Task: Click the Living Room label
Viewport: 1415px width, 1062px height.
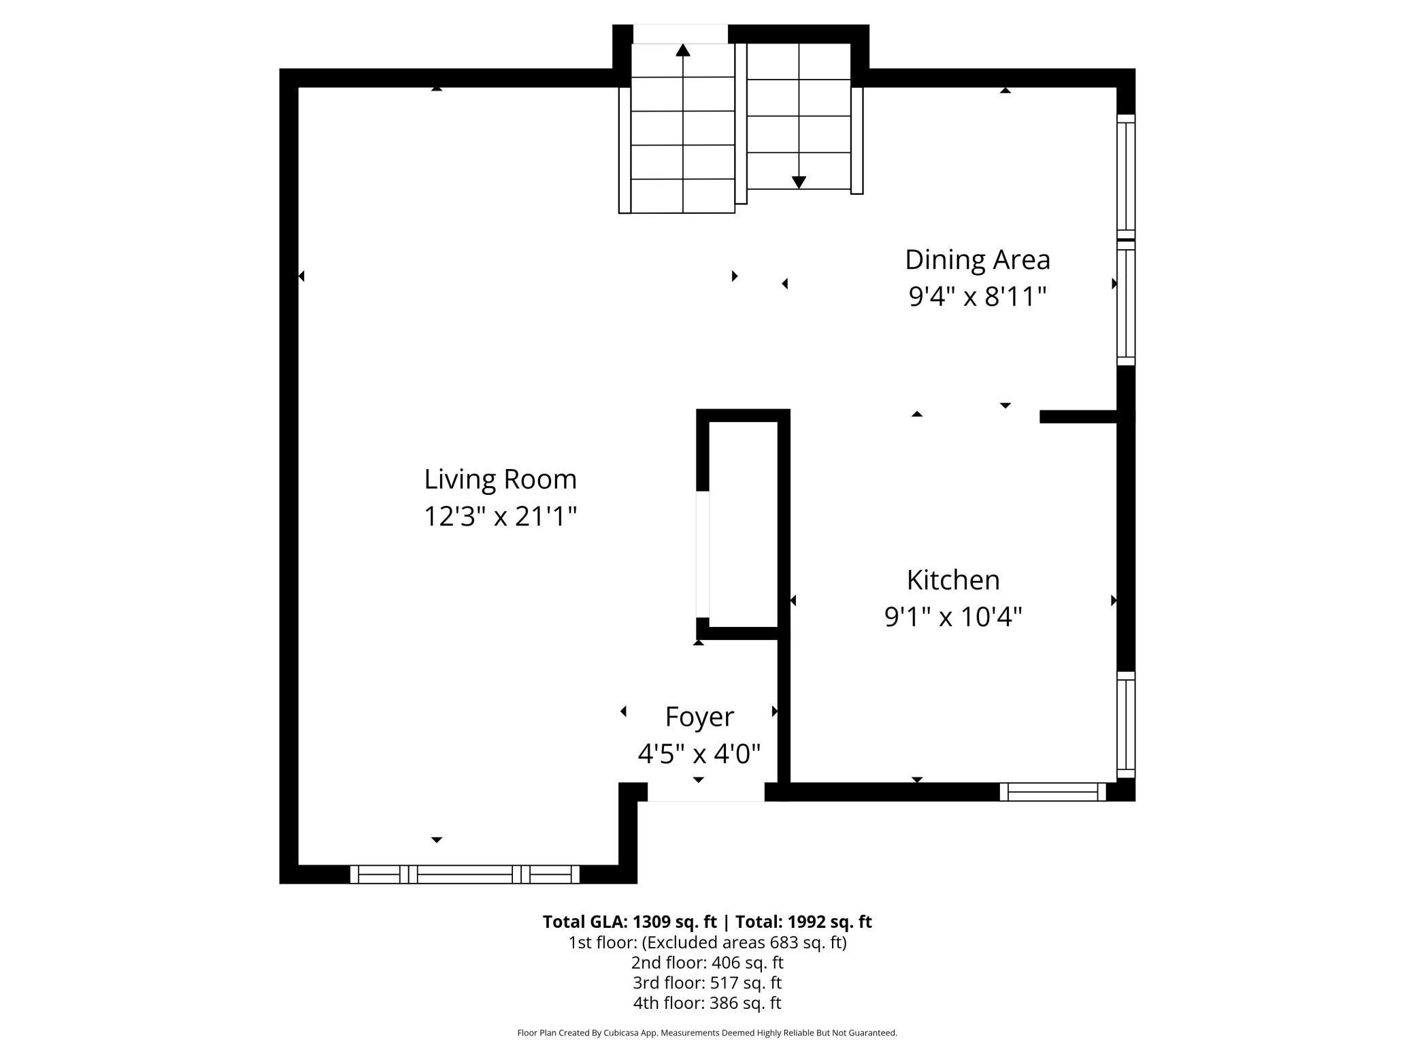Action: (x=500, y=479)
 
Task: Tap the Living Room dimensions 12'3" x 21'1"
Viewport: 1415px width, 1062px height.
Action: (x=500, y=516)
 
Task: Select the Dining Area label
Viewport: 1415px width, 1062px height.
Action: (x=977, y=259)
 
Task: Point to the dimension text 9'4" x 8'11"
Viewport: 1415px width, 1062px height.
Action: (x=977, y=297)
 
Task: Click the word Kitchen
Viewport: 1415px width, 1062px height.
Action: (x=953, y=580)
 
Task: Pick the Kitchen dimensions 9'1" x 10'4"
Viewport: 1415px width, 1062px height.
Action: (x=953, y=617)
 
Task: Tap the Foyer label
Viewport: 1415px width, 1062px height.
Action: (x=699, y=717)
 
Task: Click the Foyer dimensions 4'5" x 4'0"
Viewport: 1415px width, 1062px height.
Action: (x=699, y=754)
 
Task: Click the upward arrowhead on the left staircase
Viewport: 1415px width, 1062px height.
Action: (x=683, y=50)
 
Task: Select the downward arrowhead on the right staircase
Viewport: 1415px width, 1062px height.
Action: (x=799, y=182)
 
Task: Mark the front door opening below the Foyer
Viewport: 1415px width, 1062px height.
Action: (x=705, y=792)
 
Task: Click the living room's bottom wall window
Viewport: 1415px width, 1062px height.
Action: (x=465, y=874)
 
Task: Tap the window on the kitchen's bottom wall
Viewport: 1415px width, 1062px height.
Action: (x=1052, y=792)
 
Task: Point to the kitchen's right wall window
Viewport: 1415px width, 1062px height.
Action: (x=1126, y=724)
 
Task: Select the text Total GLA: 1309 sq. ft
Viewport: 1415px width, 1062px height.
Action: (x=629, y=922)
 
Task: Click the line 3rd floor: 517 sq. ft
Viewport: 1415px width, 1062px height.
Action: (x=707, y=983)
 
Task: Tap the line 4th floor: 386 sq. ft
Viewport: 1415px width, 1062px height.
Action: (x=707, y=1003)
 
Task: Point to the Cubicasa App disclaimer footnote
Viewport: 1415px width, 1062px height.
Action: (x=707, y=1033)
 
